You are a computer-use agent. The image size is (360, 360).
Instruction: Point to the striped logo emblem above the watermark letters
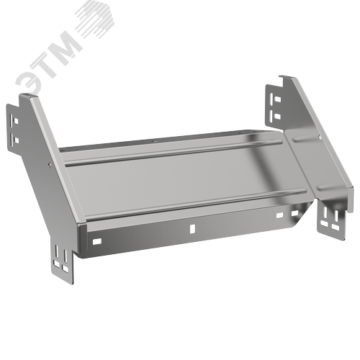tap(94, 19)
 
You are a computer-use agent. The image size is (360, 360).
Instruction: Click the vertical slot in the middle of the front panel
tap(192, 229)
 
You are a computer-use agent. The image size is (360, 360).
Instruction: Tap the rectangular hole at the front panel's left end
tap(97, 241)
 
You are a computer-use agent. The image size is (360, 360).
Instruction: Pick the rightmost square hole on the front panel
tap(294, 213)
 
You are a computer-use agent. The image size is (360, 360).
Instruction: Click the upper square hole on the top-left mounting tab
tap(16, 121)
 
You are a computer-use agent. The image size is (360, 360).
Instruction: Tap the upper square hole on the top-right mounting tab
tap(277, 99)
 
